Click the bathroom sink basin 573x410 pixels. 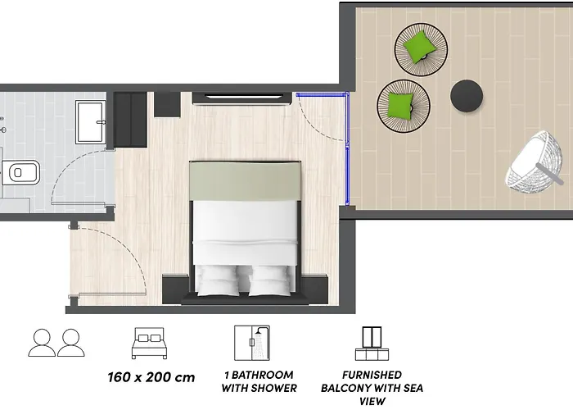click(89, 122)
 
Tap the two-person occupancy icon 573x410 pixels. click(56, 342)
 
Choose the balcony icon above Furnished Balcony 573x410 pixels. click(372, 343)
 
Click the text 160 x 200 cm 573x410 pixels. click(151, 377)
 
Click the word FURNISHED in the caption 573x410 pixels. click(372, 374)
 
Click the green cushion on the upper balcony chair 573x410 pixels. click(420, 46)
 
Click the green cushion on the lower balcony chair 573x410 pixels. click(401, 104)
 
